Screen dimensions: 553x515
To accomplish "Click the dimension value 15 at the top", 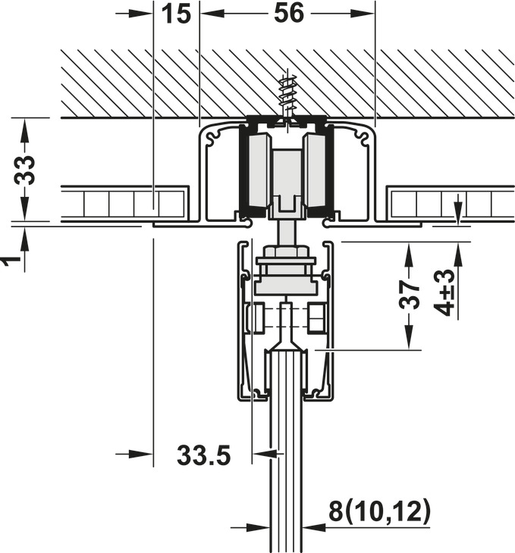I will click(176, 13).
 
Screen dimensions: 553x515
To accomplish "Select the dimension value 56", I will click(287, 13).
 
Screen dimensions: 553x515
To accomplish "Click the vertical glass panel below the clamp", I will click(287, 455).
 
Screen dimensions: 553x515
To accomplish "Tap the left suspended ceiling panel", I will click(124, 203).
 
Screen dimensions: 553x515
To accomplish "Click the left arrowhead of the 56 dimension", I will click(207, 14).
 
